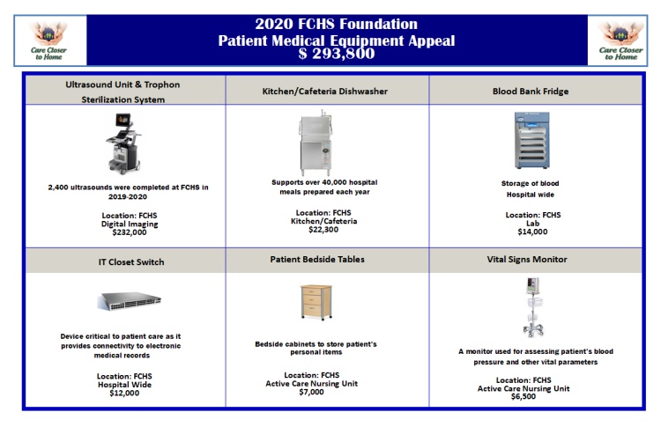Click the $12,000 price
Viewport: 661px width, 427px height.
pyautogui.click(x=124, y=393)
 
